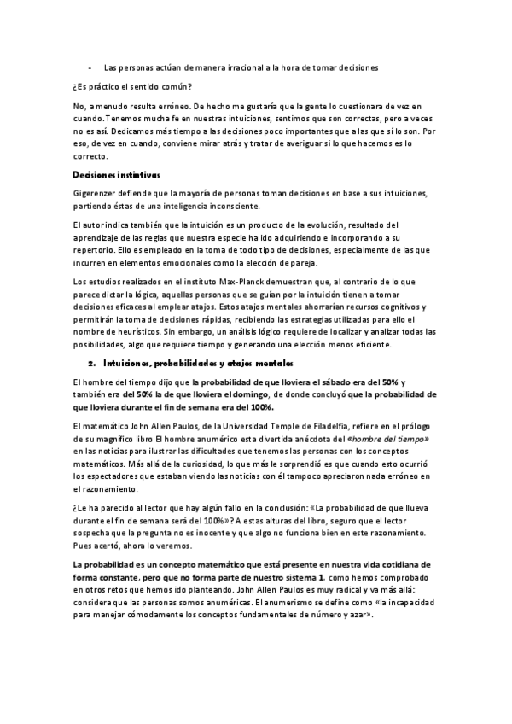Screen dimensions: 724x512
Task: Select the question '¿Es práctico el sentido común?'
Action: [132, 86]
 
